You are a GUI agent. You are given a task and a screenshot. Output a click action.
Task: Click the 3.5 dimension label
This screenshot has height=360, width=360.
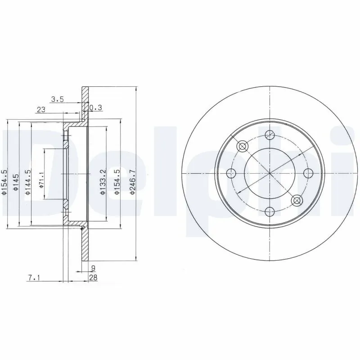(x=57, y=100)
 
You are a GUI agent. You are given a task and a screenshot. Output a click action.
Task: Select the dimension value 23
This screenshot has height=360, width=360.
(x=41, y=109)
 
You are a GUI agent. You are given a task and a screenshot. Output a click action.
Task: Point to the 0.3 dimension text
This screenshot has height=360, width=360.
(x=95, y=108)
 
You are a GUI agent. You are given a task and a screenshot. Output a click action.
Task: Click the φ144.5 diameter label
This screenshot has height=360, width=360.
(x=27, y=184)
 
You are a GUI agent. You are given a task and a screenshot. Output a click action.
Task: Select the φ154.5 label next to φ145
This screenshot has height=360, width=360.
(x=4, y=181)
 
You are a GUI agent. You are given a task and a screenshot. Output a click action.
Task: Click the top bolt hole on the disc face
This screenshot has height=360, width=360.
(x=269, y=134)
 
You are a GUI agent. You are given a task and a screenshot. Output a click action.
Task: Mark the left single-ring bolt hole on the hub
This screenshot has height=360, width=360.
(x=230, y=173)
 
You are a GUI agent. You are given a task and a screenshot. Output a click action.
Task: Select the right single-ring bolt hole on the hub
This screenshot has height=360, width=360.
(x=308, y=173)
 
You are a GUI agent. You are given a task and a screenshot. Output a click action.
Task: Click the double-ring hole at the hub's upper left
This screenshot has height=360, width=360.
(x=242, y=146)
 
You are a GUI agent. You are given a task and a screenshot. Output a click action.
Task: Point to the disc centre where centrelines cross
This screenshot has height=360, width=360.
(x=269, y=173)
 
